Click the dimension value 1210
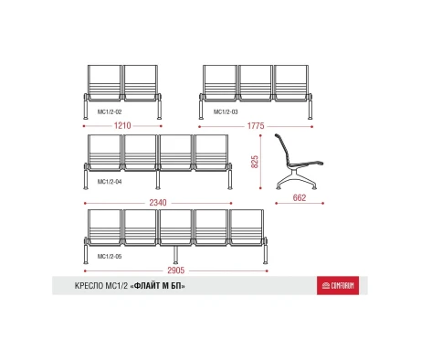[x=122, y=125]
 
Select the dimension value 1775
[x=256, y=126]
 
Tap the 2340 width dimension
[x=158, y=203]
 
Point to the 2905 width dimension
[x=176, y=270]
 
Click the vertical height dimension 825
[x=255, y=162]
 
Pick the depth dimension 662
[x=300, y=197]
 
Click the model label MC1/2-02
[x=110, y=111]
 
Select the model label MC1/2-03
[x=226, y=111]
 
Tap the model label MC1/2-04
[x=110, y=182]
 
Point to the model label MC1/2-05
[x=110, y=257]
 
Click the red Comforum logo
[x=338, y=285]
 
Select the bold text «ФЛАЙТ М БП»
[x=158, y=286]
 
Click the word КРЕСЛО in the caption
[x=89, y=286]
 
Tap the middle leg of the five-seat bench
[x=175, y=255]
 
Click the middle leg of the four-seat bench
[x=158, y=180]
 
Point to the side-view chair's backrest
[x=282, y=149]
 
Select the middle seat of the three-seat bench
[x=256, y=83]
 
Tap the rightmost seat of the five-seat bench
[x=247, y=228]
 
